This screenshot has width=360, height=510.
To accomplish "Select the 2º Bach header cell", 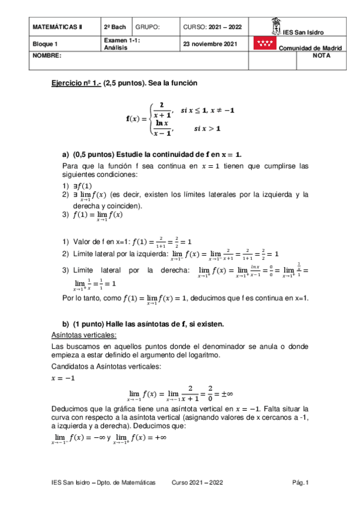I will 114,28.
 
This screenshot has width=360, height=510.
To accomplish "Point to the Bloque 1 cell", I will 46,44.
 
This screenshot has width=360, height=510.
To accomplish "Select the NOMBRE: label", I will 47,55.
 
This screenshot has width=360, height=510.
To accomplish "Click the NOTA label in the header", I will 322,55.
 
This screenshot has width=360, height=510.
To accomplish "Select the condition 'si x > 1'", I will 207,128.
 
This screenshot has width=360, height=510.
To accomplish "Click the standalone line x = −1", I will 64,378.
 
